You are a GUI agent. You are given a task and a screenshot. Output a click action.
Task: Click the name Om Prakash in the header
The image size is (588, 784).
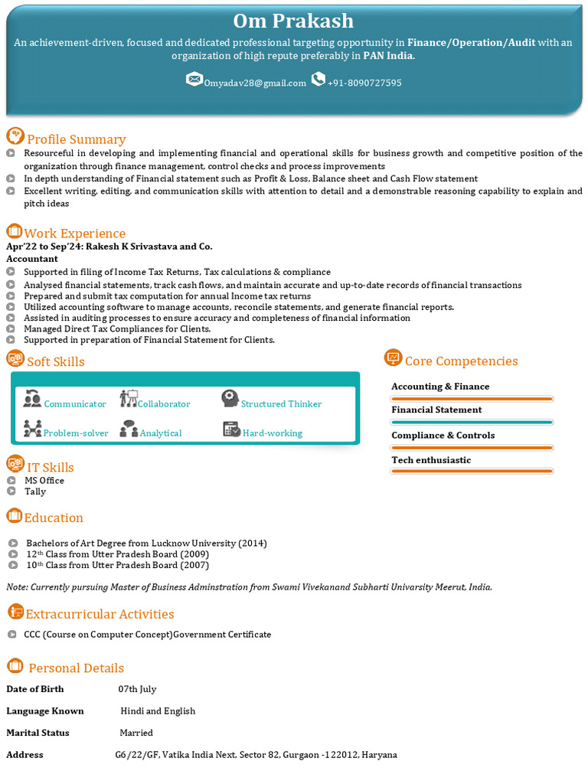(293, 21)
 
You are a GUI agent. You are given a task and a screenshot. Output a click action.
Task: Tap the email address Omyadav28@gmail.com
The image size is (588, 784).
(255, 83)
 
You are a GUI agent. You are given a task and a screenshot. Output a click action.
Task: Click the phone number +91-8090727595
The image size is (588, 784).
(364, 83)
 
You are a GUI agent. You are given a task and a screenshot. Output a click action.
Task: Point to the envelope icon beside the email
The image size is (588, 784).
(194, 80)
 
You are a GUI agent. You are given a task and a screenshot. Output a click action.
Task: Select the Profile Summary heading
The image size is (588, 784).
(76, 139)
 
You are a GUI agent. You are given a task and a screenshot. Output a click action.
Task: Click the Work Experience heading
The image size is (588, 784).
(74, 234)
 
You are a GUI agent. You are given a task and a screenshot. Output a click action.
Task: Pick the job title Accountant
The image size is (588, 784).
(32, 259)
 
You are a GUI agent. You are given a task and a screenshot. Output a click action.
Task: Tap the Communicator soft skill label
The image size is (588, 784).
(75, 403)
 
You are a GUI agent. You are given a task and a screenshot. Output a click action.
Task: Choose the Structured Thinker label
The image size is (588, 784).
(281, 403)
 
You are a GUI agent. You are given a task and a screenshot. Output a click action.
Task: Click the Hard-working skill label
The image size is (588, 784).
(272, 433)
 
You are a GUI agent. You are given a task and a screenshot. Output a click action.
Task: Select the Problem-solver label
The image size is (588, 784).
(76, 433)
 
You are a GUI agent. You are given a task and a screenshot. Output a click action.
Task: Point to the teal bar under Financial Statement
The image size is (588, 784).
(472, 422)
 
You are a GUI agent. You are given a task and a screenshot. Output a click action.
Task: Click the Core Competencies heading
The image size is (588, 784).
(461, 361)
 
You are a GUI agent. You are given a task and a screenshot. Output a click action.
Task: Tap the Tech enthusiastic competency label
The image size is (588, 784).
(431, 460)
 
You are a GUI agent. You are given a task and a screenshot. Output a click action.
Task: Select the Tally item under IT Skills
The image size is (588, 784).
(35, 492)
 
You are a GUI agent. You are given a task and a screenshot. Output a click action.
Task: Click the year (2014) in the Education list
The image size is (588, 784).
(252, 544)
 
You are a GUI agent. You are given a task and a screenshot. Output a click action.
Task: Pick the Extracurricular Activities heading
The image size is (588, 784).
(100, 614)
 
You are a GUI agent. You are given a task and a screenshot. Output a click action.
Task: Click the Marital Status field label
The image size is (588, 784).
(38, 733)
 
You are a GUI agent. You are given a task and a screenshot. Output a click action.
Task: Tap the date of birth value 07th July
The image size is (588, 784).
(137, 689)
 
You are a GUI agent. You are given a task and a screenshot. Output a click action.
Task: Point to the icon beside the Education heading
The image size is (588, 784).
(14, 516)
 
